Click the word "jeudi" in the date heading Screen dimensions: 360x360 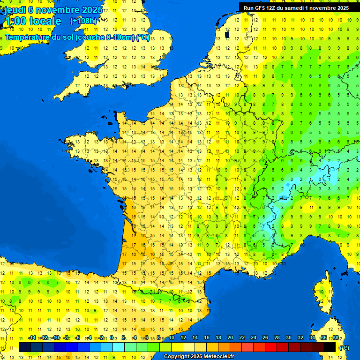15,9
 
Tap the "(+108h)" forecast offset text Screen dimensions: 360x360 83,21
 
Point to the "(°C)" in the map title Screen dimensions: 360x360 143,37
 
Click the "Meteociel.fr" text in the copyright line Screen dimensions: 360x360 218,357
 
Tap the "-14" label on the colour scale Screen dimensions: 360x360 32,338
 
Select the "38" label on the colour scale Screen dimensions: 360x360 336,338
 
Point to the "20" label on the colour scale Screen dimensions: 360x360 230,338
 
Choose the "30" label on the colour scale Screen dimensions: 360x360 289,338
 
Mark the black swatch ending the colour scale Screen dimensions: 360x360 330,347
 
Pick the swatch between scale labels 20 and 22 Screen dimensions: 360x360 236,347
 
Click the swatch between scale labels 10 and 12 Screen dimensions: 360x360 177,347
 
